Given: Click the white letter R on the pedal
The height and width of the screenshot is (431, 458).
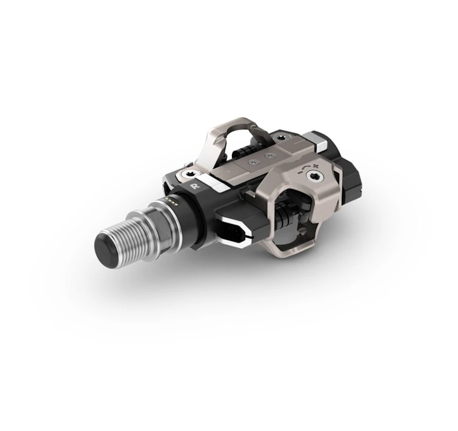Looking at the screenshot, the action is tap(193, 187).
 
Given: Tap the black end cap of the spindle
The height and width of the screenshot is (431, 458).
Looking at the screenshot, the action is tap(106, 243).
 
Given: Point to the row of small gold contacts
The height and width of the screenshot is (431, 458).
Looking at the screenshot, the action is tap(172, 201).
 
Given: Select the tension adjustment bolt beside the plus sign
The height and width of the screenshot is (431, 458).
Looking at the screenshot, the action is tap(314, 177).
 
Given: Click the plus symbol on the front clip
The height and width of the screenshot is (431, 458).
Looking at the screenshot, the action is tap(315, 166).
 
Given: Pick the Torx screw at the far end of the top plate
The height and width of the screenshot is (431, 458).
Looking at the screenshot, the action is tap(282, 136).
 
